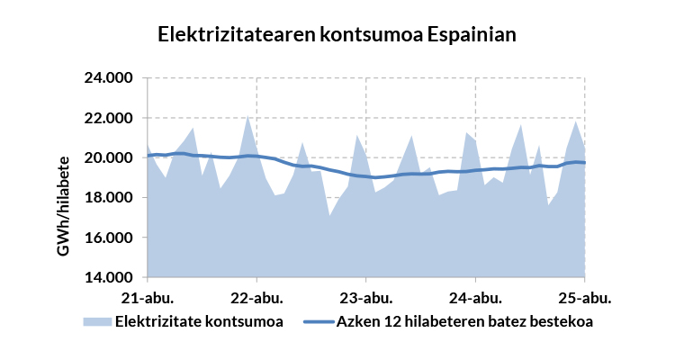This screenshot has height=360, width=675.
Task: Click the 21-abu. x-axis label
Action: click(148, 296)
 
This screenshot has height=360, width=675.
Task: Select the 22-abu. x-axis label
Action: click(256, 296)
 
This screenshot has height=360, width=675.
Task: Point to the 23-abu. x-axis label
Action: click(366, 296)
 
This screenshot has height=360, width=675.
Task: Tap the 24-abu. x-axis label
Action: click(475, 296)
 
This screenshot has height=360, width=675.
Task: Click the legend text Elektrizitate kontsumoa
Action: click(199, 320)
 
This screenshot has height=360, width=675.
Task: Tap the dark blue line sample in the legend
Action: click(319, 320)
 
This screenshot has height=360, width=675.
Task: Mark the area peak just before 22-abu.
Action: click(247, 116)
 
